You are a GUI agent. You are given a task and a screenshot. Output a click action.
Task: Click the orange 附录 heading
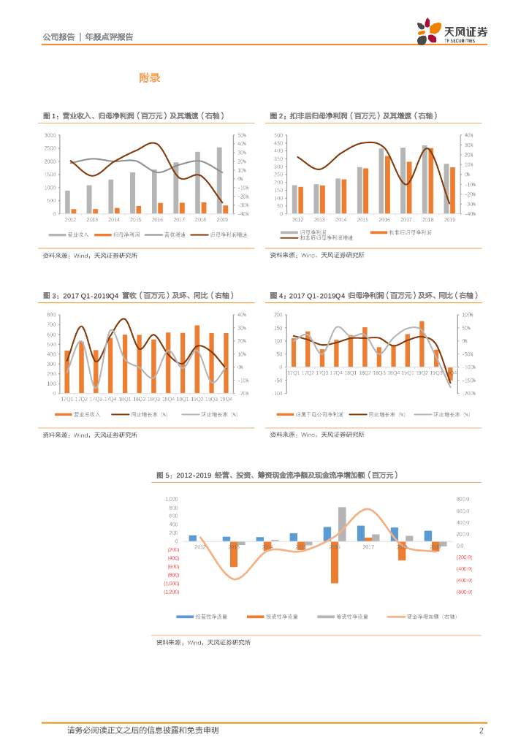(x=150, y=77)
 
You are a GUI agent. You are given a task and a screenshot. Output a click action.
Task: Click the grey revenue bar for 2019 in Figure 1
(x=219, y=180)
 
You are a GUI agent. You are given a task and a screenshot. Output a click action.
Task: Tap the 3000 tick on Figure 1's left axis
(x=50, y=136)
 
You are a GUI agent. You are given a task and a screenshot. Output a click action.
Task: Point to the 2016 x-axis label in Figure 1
(x=157, y=219)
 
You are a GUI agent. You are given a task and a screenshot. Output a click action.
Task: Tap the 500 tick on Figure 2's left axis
(x=278, y=136)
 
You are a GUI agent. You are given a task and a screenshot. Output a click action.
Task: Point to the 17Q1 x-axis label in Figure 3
(x=67, y=399)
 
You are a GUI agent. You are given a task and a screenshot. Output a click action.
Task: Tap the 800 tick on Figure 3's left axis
(x=52, y=315)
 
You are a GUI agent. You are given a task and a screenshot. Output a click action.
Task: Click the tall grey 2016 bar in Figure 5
(x=342, y=524)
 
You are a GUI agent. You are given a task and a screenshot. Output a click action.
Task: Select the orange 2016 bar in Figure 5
(x=334, y=562)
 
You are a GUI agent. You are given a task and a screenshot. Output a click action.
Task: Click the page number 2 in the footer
(x=482, y=730)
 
